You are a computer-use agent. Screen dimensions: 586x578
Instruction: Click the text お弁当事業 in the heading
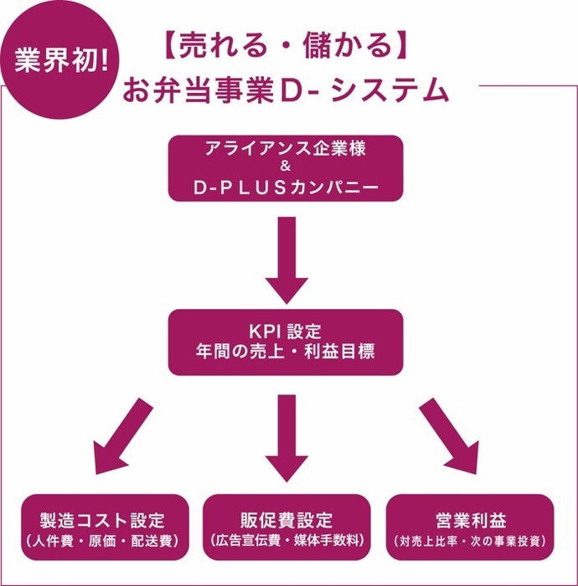tap(209, 90)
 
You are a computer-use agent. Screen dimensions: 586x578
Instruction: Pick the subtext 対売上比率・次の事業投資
tap(470, 541)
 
